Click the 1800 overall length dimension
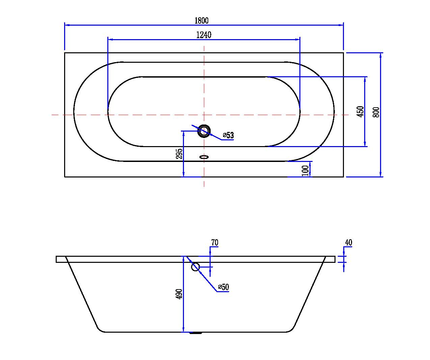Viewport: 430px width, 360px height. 201,21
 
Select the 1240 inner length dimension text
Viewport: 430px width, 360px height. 204,35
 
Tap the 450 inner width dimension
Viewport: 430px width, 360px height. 360,112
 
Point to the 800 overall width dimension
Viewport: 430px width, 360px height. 376,112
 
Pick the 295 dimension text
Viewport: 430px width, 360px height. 179,154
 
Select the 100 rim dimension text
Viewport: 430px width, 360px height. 305,170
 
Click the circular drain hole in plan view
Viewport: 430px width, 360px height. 204,131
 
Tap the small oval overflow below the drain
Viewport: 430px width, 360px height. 204,157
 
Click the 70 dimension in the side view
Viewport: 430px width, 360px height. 215,243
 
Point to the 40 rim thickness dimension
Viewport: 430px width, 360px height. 349,243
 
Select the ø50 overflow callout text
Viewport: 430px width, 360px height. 223,287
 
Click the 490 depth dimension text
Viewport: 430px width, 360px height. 179,294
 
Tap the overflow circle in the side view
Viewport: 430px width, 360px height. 195,267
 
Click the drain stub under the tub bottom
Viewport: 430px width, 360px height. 196,333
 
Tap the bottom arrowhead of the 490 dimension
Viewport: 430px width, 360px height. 183,330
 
